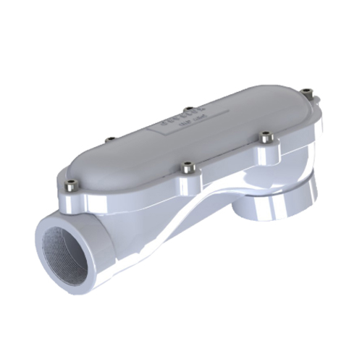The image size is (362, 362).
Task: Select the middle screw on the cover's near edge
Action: coord(187,166)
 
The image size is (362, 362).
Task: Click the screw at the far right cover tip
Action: coord(309,92)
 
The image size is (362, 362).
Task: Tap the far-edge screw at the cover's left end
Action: coord(109,139)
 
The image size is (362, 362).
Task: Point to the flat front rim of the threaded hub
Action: coord(43,239)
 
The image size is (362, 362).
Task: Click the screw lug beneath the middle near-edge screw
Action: coord(187,177)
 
